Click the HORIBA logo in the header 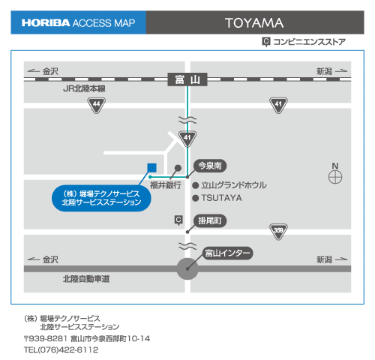(46, 23)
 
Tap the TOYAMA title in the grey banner (254, 23)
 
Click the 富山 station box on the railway (187, 79)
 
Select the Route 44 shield (97, 105)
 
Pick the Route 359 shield (278, 232)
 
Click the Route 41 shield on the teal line (187, 139)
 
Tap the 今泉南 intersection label (210, 166)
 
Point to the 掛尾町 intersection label (210, 220)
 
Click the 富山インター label (227, 253)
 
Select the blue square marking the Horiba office (152, 168)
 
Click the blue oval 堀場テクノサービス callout (101, 198)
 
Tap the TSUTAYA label (221, 198)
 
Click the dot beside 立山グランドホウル (196, 185)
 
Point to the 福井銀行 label (166, 185)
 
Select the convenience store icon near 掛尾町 (178, 220)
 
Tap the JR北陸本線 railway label (84, 88)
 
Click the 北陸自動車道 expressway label (86, 279)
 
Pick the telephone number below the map (61, 349)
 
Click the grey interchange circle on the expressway (187, 269)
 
